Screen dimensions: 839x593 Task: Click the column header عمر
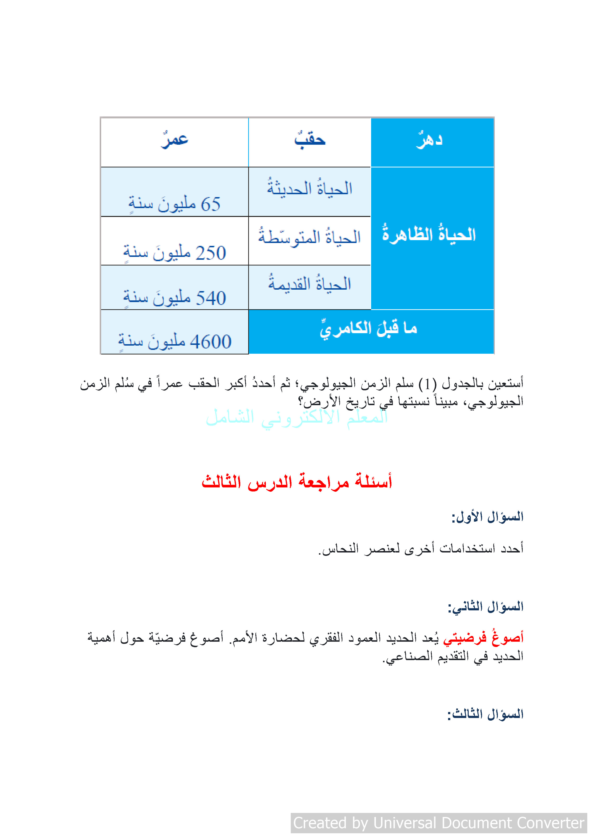[x=175, y=140]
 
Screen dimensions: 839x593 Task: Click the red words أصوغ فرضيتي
[x=483, y=638]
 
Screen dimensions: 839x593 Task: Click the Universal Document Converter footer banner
[x=439, y=823]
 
